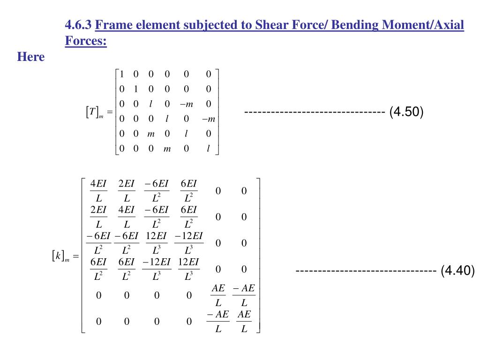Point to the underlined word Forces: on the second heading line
pyautogui.click(x=86, y=41)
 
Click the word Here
pyautogui.click(x=31, y=57)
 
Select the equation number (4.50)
pyautogui.click(x=406, y=112)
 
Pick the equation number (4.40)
pyautogui.click(x=457, y=270)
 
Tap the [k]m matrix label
pyautogui.click(x=60, y=256)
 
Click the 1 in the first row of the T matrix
pyautogui.click(x=121, y=74)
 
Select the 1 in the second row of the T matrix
pyautogui.click(x=136, y=89)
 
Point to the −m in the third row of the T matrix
pyautogui.click(x=186, y=104)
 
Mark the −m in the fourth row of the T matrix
pyautogui.click(x=208, y=119)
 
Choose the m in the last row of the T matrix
pyautogui.click(x=167, y=149)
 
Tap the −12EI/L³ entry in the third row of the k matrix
pyautogui.click(x=189, y=243)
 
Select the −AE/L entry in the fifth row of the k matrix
pyautogui.click(x=244, y=295)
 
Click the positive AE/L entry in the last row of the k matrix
pyautogui.click(x=244, y=322)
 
